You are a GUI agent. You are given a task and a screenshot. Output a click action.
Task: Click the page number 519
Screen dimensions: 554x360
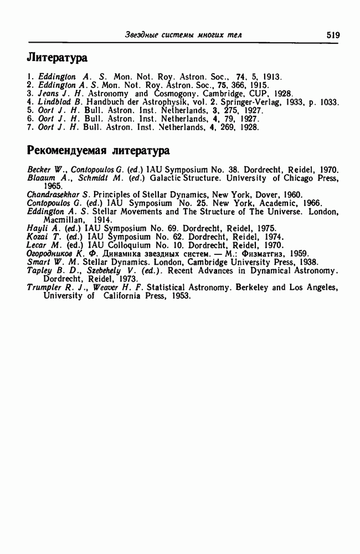click(x=333, y=34)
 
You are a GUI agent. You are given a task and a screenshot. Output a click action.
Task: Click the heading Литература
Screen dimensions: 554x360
click(x=58, y=58)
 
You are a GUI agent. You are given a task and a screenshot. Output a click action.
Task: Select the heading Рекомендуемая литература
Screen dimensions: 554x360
click(x=99, y=150)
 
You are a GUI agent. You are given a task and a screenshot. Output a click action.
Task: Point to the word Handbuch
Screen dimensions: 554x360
click(x=105, y=102)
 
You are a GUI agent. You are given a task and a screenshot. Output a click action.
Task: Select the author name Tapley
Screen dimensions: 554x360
click(x=39, y=270)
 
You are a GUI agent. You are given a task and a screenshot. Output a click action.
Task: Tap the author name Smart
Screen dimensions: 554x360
click(x=38, y=261)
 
